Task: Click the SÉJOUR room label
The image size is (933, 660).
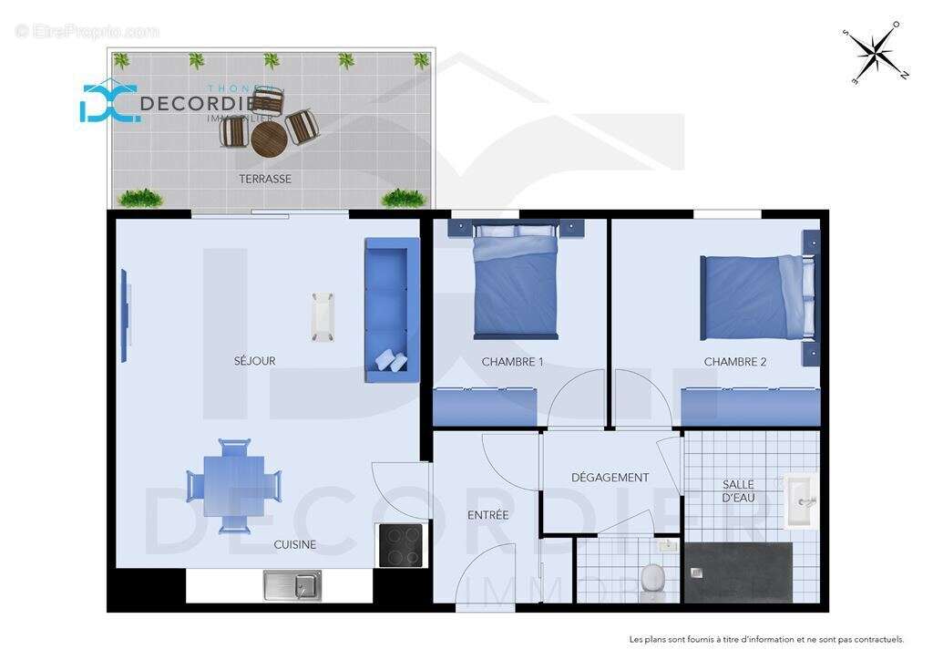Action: (x=254, y=361)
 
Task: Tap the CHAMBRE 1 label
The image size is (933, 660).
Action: (x=512, y=362)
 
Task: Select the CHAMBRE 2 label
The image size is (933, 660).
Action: (x=734, y=362)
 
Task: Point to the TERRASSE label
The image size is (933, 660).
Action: (x=265, y=180)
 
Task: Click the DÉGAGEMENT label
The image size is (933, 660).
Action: (x=610, y=478)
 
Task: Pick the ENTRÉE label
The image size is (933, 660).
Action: (x=487, y=515)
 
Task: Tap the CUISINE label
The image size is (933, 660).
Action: (x=295, y=545)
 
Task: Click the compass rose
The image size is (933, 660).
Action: (x=875, y=52)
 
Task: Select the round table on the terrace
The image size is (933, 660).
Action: (x=270, y=139)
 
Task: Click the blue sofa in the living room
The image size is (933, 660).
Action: (x=392, y=310)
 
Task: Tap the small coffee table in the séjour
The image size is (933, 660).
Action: (x=323, y=316)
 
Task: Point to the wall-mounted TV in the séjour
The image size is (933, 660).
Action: (x=125, y=315)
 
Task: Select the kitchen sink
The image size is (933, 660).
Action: (x=292, y=585)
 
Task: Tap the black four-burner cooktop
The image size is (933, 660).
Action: (x=400, y=545)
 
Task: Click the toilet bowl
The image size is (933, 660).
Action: (x=652, y=577)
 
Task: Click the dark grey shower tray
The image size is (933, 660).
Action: (x=738, y=572)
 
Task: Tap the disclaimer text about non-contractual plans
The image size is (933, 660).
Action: (x=766, y=639)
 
